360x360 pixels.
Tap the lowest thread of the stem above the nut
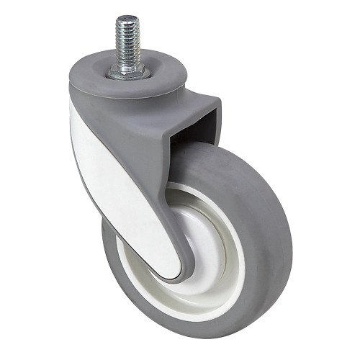click(127, 63)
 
